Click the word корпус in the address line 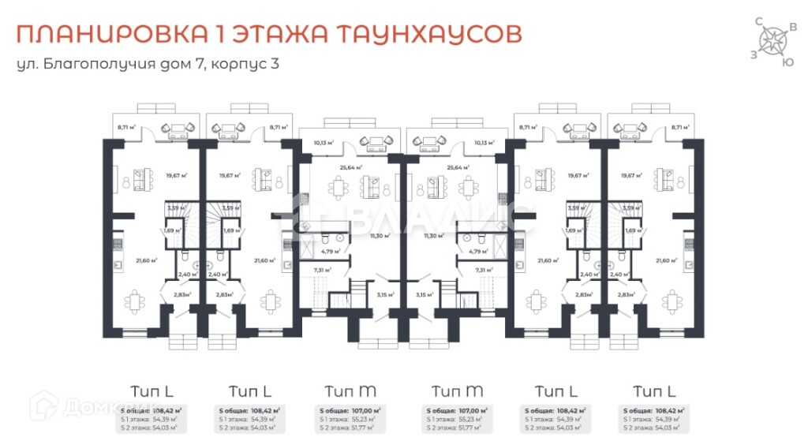coord(238,65)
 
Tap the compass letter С coord(759,21)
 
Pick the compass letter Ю coord(786,61)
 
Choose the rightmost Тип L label coord(655,391)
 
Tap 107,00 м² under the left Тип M coord(367,411)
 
